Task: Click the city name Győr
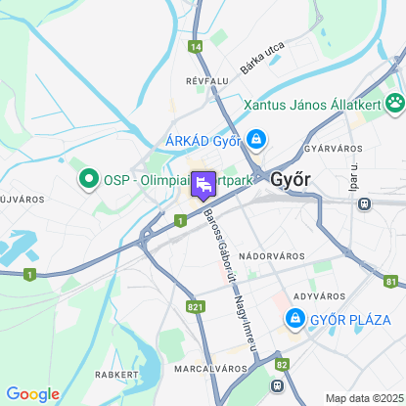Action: pyautogui.click(x=290, y=180)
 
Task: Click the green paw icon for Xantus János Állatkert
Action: pyautogui.click(x=394, y=102)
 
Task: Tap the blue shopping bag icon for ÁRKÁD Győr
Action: pyautogui.click(x=255, y=140)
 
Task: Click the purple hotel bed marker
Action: pyautogui.click(x=203, y=184)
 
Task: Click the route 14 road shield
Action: pyautogui.click(x=197, y=46)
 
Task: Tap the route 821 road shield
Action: pyautogui.click(x=196, y=306)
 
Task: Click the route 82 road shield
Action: pyautogui.click(x=282, y=364)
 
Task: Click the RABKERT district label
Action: pyautogui.click(x=115, y=374)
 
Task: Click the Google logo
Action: pyautogui.click(x=32, y=394)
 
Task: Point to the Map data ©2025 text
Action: pyautogui.click(x=363, y=398)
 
